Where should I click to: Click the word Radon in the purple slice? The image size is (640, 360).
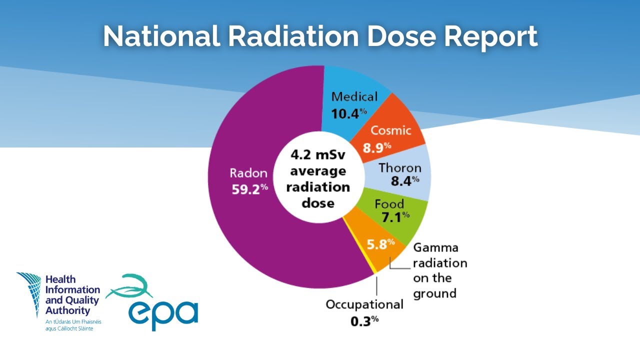(248, 173)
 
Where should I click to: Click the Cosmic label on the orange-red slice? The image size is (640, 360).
(390, 130)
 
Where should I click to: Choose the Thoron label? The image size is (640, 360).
(400, 167)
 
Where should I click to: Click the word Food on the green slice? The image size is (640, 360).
(389, 204)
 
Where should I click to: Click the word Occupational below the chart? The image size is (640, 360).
(364, 304)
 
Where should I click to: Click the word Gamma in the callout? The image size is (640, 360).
(435, 248)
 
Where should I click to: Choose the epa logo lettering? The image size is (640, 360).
(163, 311)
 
